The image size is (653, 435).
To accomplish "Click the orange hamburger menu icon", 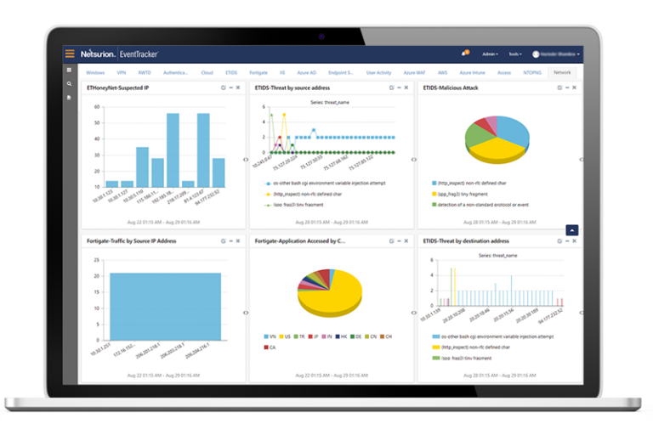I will coord(70,54).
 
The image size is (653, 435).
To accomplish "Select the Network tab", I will coord(562,73).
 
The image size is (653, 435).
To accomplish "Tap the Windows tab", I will coord(95,73).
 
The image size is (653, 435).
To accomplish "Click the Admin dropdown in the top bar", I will coord(491,54).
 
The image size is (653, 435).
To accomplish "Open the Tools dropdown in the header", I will coord(515,54).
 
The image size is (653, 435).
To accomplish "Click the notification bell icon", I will coord(464,53).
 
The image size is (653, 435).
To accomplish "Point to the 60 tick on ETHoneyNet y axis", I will coord(98,107).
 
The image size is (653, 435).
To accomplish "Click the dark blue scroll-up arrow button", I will coord(572,229).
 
